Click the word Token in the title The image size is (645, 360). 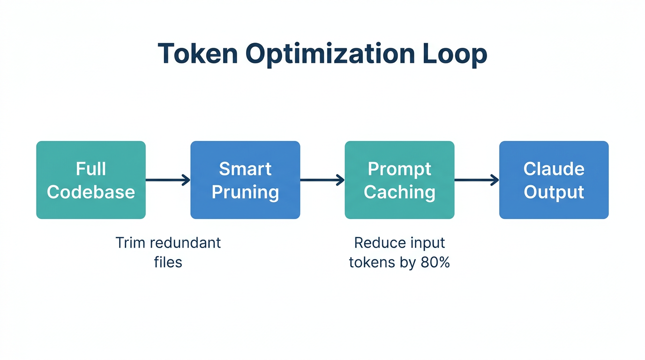(x=197, y=53)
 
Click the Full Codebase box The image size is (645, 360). (x=91, y=180)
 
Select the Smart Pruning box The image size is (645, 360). (x=245, y=180)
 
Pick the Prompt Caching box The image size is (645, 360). (x=399, y=180)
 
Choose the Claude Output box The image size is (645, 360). (x=554, y=180)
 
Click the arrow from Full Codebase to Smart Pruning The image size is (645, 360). (x=168, y=180)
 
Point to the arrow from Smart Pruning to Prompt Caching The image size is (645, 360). (x=322, y=180)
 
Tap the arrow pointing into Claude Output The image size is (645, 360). (x=476, y=180)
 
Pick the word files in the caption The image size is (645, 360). (x=168, y=262)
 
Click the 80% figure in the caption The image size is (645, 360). (x=435, y=262)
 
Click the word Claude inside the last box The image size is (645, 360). (x=554, y=169)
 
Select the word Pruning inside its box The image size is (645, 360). (x=245, y=192)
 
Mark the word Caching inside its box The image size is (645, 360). (x=399, y=192)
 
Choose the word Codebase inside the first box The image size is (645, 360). (x=91, y=192)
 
